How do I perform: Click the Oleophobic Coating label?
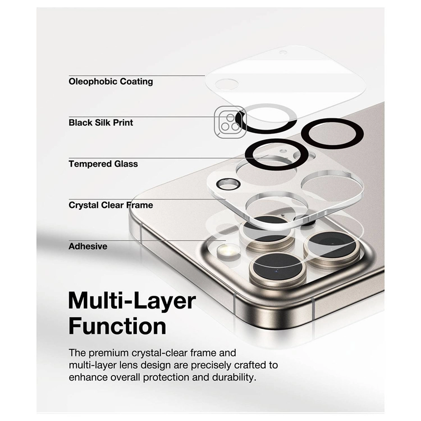tap(111, 81)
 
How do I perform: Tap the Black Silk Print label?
tap(101, 123)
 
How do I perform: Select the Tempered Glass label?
tap(103, 164)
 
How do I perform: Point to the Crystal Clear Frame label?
tap(111, 205)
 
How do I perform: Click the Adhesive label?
tap(88, 246)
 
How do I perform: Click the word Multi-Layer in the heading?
tap(132, 301)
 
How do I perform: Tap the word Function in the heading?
tap(117, 326)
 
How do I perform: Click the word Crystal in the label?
tap(83, 205)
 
